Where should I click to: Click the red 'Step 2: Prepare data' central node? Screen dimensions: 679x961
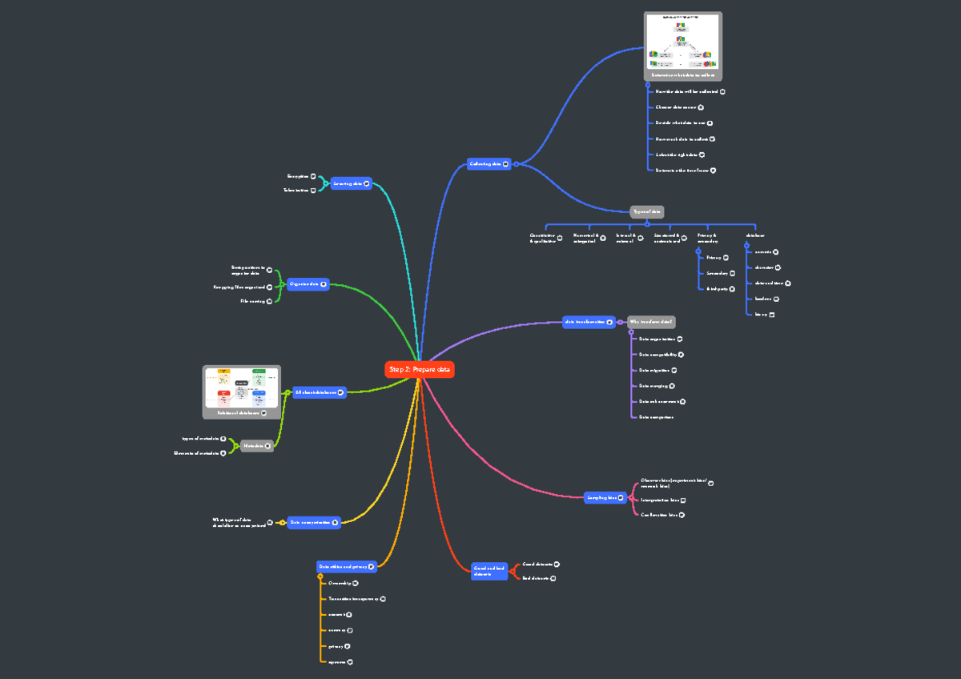click(x=420, y=369)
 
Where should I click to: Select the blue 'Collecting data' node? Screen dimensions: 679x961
click(x=488, y=164)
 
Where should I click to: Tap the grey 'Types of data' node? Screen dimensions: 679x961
click(x=646, y=211)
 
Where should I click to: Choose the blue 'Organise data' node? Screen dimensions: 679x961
click(x=308, y=284)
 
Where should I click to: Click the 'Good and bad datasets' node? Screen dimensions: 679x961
click(x=489, y=571)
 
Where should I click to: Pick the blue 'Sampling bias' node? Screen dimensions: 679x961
click(x=605, y=497)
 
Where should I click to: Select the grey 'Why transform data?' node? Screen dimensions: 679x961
click(x=650, y=322)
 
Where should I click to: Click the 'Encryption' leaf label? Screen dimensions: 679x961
click(x=298, y=175)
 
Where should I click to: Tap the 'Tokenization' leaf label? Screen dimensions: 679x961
click(x=296, y=190)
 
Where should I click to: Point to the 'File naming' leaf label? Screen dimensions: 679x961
click(x=252, y=301)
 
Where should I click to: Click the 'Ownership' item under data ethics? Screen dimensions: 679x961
click(x=340, y=583)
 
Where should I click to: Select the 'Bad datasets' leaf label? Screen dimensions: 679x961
click(x=535, y=577)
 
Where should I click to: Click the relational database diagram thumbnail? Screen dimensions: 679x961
click(x=241, y=388)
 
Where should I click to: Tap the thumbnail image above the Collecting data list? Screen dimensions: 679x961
click(x=682, y=42)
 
